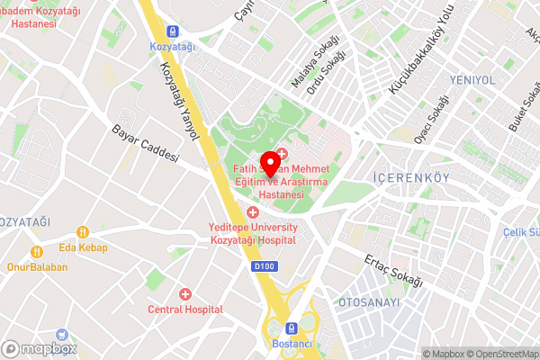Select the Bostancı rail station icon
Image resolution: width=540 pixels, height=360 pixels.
(292, 329)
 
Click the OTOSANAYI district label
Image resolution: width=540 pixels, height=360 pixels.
(368, 302)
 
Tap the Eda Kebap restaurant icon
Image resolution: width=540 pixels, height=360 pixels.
(37, 252)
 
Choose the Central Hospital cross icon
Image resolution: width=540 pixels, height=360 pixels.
(185, 294)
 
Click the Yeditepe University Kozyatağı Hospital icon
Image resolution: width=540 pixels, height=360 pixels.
(252, 212)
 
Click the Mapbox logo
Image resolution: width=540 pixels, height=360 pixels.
(40, 348)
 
